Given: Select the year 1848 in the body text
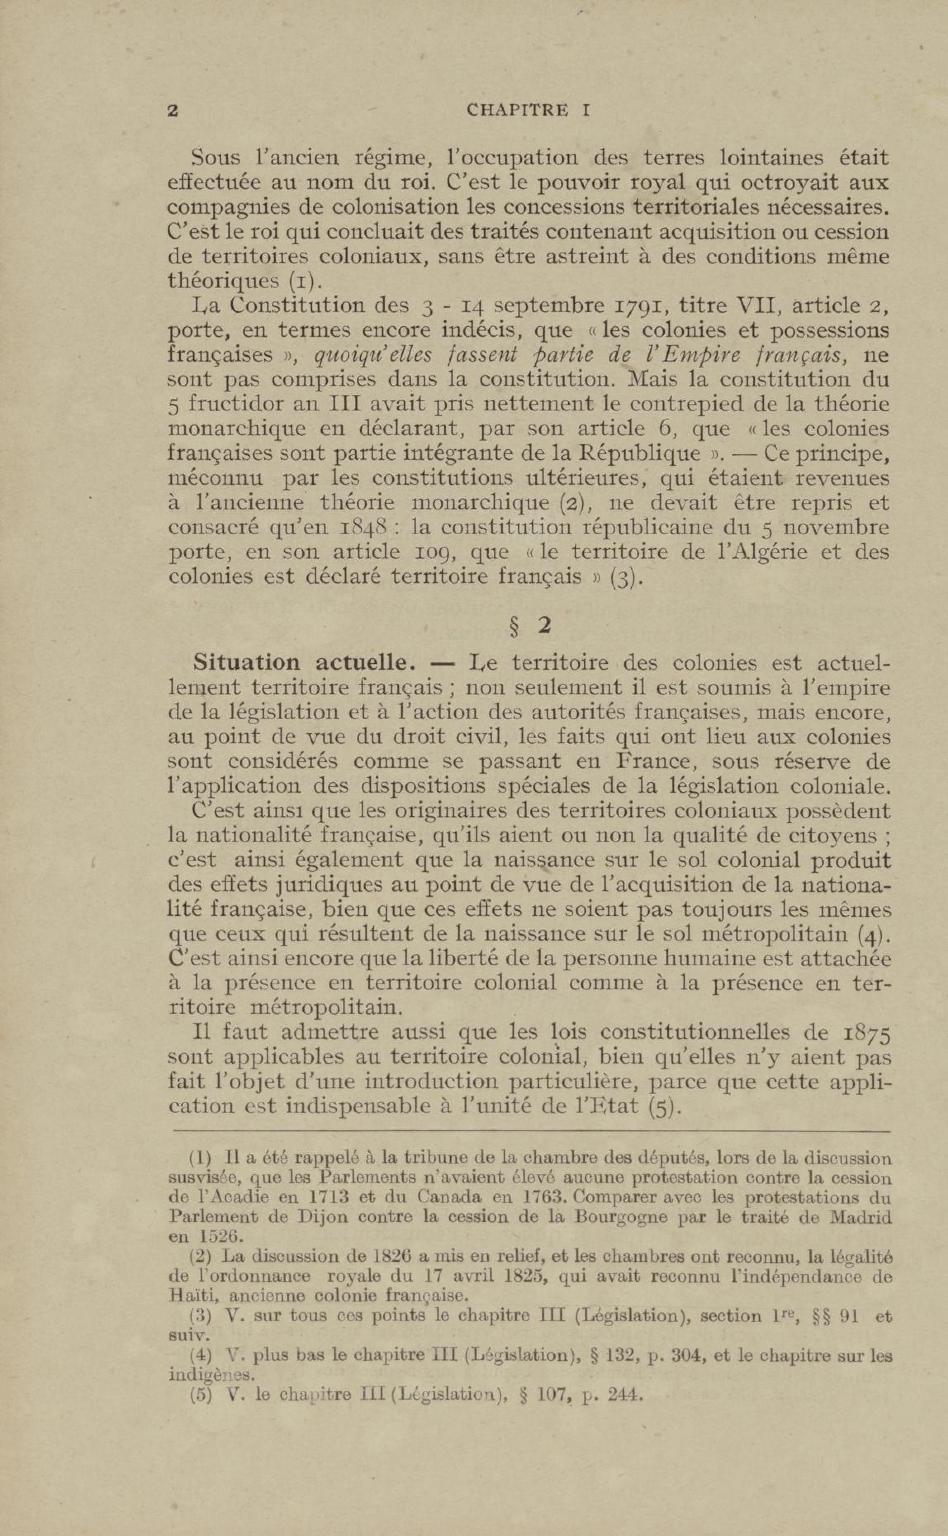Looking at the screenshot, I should pos(366,528).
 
